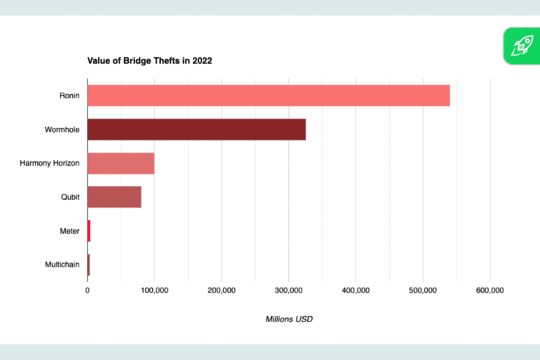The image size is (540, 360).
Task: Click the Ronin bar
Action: [268, 95]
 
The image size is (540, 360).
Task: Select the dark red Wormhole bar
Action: [196, 129]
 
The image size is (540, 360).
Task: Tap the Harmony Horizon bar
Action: [121, 164]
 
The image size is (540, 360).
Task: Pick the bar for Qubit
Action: [114, 197]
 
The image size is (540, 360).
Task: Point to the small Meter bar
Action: [89, 231]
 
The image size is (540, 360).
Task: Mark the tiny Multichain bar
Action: [88, 265]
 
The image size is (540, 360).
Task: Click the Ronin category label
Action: [69, 95]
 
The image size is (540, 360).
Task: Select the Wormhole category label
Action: [62, 129]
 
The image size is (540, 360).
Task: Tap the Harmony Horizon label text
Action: [50, 164]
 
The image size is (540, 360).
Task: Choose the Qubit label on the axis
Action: [70, 197]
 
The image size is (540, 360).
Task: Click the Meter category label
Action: [69, 231]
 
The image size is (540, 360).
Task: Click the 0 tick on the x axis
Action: [88, 290]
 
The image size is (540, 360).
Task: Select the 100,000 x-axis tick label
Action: [154, 290]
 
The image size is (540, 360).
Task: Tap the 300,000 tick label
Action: [288, 290]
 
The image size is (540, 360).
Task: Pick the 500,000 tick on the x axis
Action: [423, 290]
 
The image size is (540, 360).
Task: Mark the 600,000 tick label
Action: [490, 290]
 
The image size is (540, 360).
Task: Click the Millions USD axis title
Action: [288, 319]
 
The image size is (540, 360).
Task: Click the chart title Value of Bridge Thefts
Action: [149, 60]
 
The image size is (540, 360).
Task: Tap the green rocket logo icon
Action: [521, 46]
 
